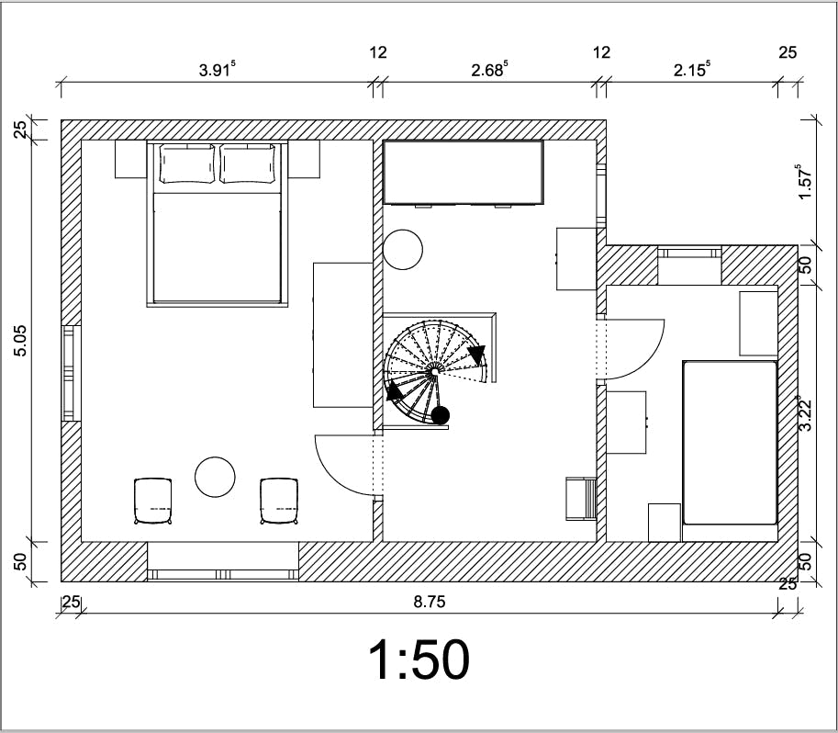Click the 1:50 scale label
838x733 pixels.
coord(419,660)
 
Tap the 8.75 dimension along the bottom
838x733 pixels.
coord(430,602)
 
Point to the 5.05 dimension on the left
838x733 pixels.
coord(20,341)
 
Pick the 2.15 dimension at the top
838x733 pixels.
coord(691,70)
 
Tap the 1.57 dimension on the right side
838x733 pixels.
coord(805,181)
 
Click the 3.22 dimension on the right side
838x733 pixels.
coord(805,413)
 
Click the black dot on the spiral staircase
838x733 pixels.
coord(441,414)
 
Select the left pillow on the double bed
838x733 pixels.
coord(187,164)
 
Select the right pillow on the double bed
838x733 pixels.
coord(248,164)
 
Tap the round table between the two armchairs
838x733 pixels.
coord(215,478)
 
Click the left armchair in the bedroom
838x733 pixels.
coord(153,502)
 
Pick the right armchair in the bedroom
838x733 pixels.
coord(279,502)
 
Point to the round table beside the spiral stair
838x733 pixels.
coord(403,249)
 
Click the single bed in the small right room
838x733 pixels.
coord(730,443)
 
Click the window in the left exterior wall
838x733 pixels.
coord(71,373)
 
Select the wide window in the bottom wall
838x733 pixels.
coord(222,575)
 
